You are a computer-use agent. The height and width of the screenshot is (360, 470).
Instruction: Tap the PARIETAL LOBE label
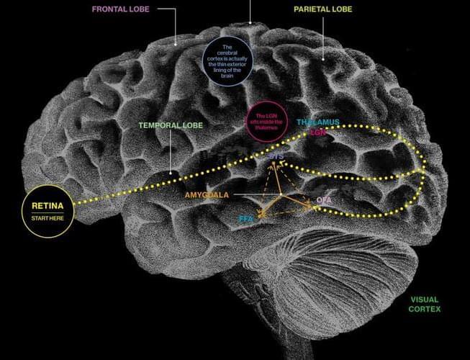[322, 10]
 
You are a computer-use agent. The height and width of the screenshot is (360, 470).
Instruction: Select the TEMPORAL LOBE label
[171, 125]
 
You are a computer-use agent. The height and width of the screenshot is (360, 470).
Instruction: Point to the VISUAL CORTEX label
[425, 305]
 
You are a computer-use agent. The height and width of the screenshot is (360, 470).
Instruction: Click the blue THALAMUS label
[317, 122]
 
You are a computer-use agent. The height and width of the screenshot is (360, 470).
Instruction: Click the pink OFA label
[324, 199]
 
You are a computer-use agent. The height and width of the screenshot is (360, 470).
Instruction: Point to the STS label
[275, 155]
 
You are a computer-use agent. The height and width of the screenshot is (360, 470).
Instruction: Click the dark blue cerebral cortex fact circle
[227, 60]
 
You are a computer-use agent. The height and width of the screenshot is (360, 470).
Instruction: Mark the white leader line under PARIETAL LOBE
[322, 40]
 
